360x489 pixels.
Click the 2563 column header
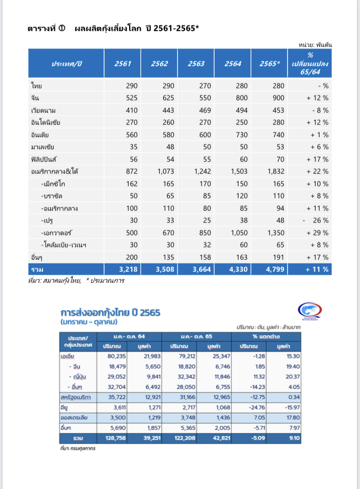196,64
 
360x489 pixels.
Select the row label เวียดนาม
43,110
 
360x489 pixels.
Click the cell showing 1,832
270,171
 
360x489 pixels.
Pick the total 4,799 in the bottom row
270,269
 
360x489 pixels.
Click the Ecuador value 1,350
270,233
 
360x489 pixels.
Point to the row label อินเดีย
40,135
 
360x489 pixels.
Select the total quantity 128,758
118,439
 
